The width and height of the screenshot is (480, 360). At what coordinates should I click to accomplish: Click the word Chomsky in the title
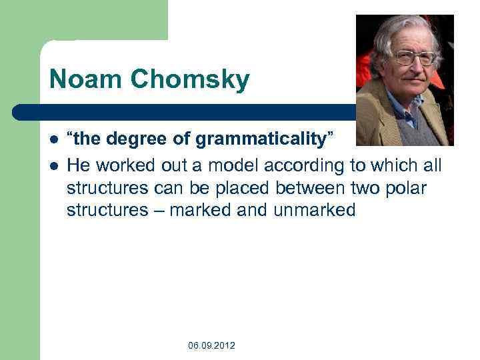tap(190, 80)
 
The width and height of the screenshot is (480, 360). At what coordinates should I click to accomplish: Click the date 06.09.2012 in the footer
tap(211, 345)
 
